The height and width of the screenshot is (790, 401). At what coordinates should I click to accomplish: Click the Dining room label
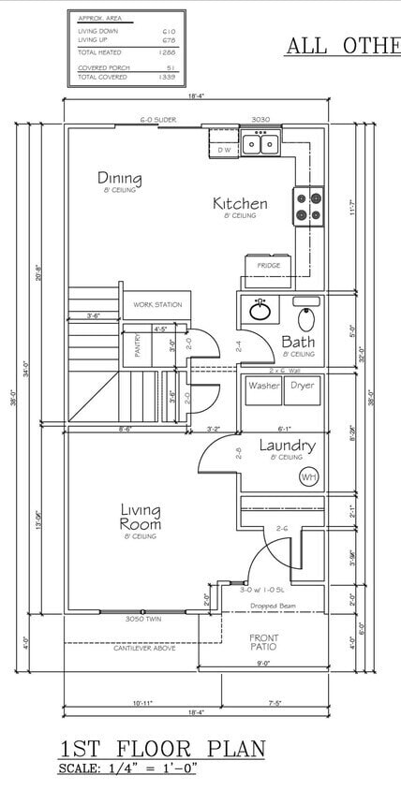(x=120, y=178)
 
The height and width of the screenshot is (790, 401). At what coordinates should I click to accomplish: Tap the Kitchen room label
(x=240, y=203)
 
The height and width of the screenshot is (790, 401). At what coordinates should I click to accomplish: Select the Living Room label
(x=140, y=517)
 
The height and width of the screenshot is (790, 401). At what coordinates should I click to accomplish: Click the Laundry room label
(x=287, y=446)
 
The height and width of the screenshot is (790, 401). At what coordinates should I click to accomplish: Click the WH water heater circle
(x=308, y=476)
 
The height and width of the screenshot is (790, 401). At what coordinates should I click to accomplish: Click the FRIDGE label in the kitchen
(x=269, y=266)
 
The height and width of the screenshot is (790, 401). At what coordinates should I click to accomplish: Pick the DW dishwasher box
(x=224, y=149)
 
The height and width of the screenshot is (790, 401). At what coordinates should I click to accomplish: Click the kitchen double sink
(x=260, y=143)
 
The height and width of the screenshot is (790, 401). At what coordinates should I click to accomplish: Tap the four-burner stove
(x=308, y=206)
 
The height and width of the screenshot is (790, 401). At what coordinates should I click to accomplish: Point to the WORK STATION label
(x=157, y=304)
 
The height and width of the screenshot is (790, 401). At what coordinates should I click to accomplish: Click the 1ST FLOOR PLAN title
(x=162, y=749)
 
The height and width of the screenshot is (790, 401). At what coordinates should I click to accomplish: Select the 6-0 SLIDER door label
(x=159, y=121)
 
